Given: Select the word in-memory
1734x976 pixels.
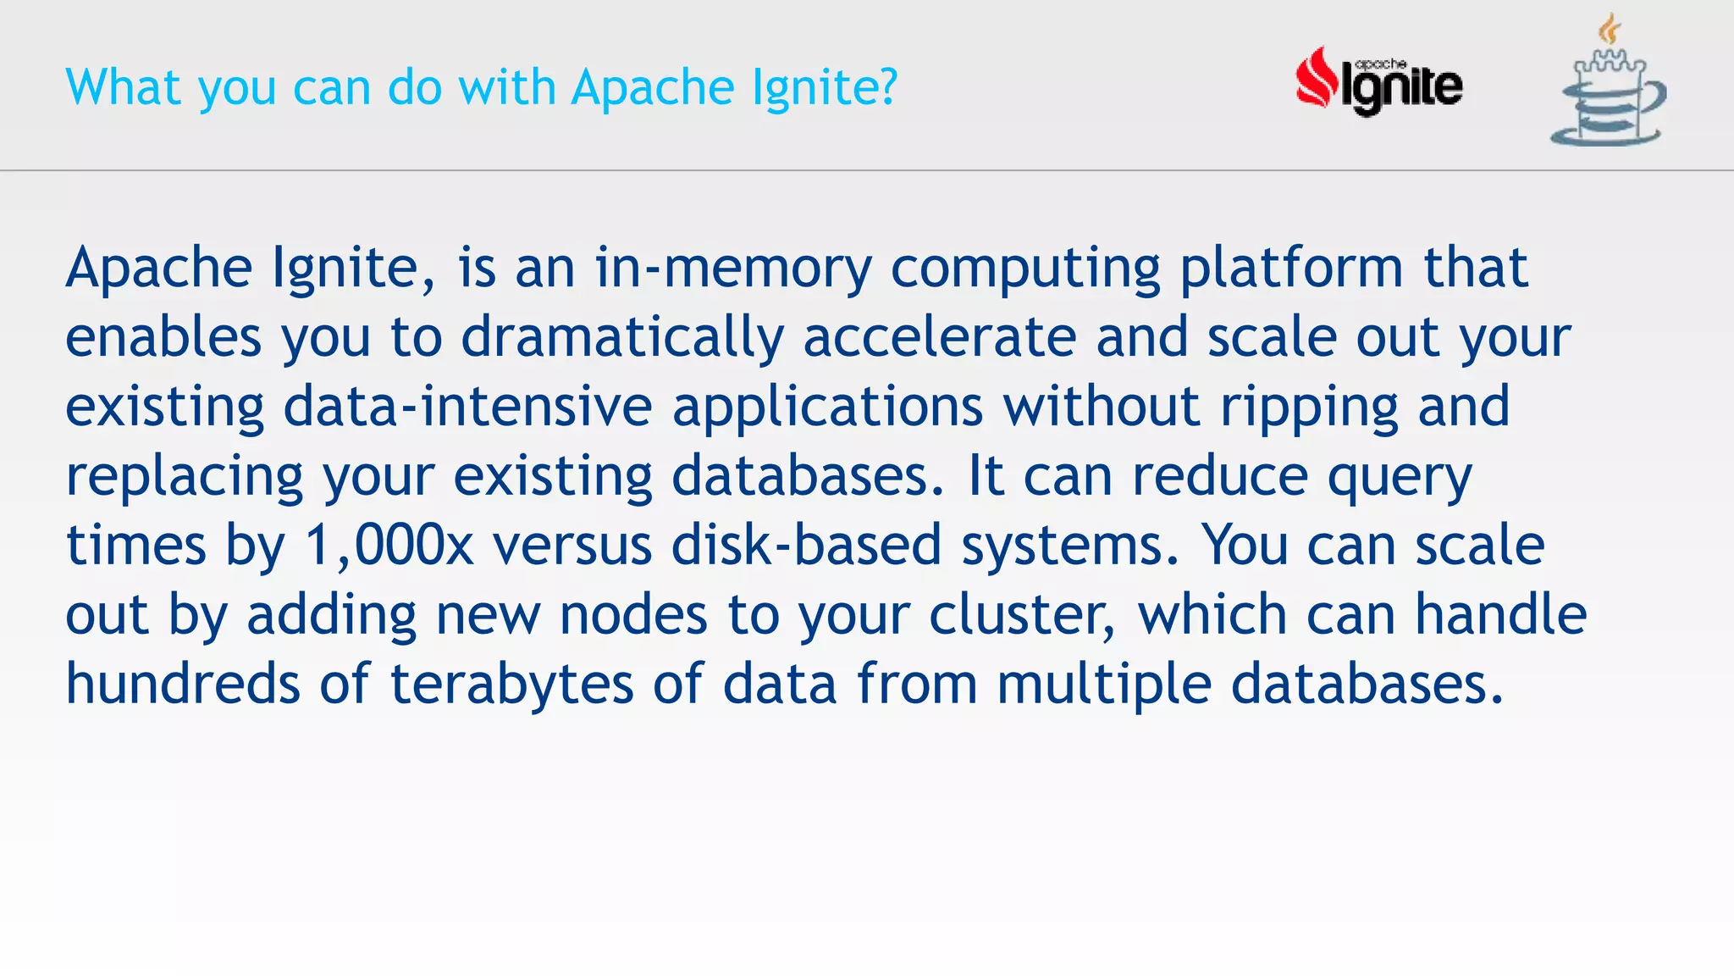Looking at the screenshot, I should pyautogui.click(x=732, y=269).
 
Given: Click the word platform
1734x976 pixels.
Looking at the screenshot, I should pyautogui.click(x=1291, y=269).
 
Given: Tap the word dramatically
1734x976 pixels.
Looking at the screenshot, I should pyautogui.click(x=621, y=338).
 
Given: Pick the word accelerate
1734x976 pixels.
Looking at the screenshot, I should pyautogui.click(x=940, y=338).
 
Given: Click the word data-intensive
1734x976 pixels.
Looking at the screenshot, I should pyautogui.click(x=467, y=408).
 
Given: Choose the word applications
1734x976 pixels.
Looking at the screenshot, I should pyautogui.click(x=827, y=408).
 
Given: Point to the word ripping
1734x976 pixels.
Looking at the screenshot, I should pyautogui.click(x=1309, y=408).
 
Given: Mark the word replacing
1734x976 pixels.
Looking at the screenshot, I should pyautogui.click(x=185, y=477).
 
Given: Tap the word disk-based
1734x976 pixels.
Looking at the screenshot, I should pyautogui.click(x=806, y=546).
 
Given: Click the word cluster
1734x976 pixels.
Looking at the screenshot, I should pyautogui.click(x=1021, y=615).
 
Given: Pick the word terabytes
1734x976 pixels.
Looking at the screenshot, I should pyautogui.click(x=511, y=685).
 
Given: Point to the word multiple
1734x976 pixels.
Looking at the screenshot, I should pyautogui.click(x=1104, y=685).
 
